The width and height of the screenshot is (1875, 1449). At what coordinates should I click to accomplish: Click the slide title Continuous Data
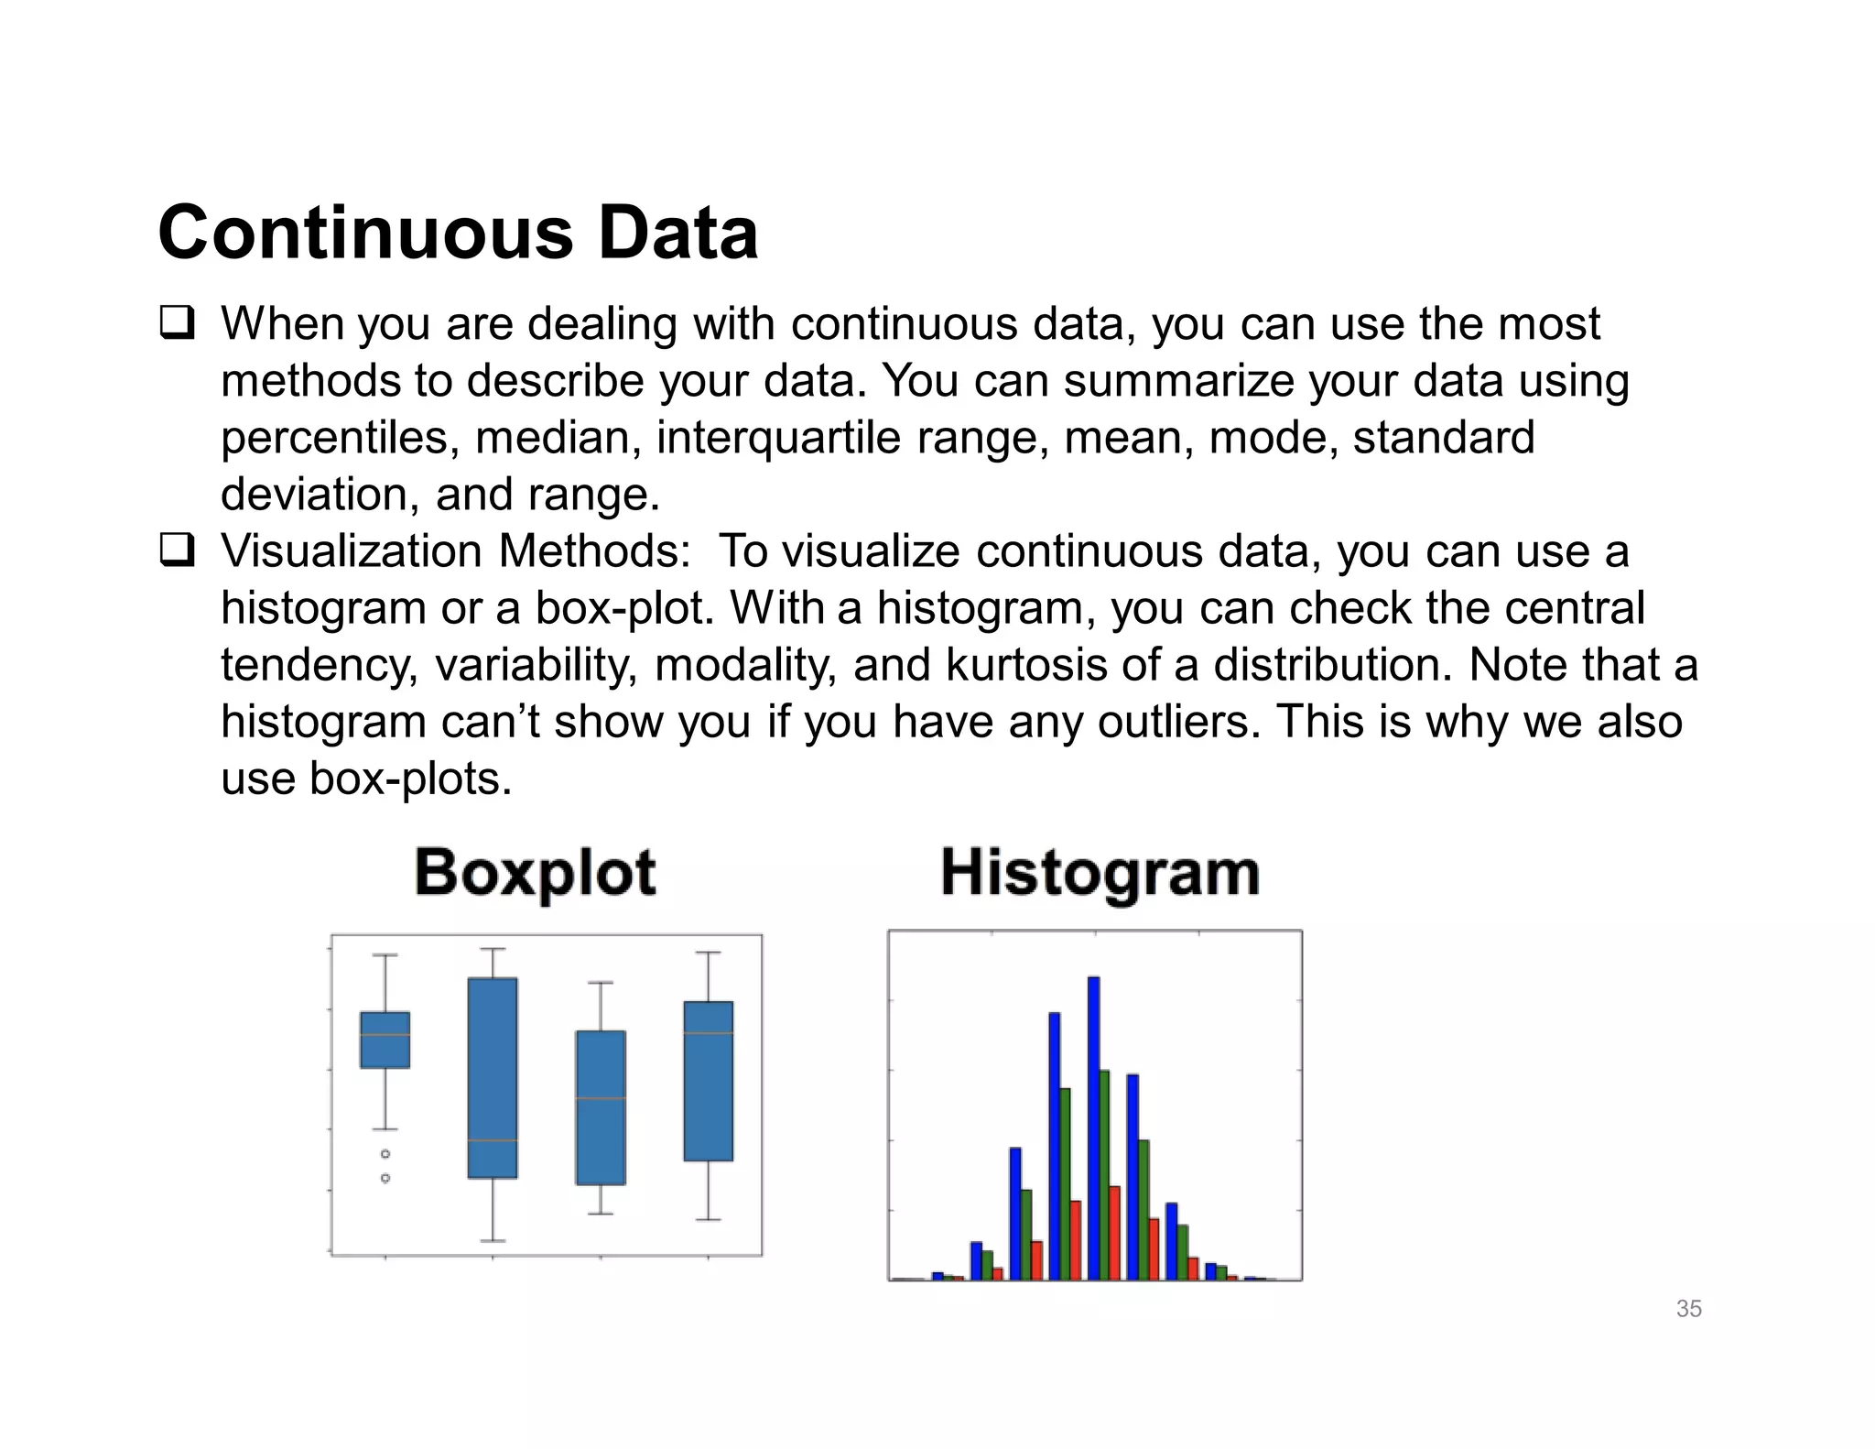[x=458, y=233]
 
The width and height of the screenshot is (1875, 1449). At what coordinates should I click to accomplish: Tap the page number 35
[x=1688, y=1309]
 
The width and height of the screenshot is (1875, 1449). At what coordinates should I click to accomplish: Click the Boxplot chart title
[x=536, y=872]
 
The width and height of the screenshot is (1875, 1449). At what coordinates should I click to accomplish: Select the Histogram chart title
[x=1100, y=872]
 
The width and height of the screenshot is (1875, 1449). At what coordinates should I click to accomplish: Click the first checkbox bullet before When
[x=176, y=325]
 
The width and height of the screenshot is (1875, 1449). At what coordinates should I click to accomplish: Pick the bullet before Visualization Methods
[x=176, y=552]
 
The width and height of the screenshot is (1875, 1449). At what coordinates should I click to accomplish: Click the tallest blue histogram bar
[x=1093, y=1127]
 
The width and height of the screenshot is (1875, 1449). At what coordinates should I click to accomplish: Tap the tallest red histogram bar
[x=1114, y=1233]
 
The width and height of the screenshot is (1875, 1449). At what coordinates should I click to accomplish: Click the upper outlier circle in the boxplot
[x=385, y=1154]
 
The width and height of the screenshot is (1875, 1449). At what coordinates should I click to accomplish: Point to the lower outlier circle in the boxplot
[x=385, y=1178]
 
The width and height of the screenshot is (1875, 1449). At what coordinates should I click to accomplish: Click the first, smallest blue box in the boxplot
[x=385, y=1040]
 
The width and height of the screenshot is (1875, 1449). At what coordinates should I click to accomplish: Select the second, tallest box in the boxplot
[x=493, y=1077]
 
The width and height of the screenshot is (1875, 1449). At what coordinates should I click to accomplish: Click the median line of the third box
[x=601, y=1098]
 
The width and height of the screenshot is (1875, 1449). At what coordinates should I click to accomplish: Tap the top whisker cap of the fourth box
[x=708, y=953]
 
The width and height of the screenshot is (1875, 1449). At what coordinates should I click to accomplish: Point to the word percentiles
[x=340, y=438]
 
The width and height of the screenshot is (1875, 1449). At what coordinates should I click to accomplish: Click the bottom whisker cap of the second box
[x=493, y=1240]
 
